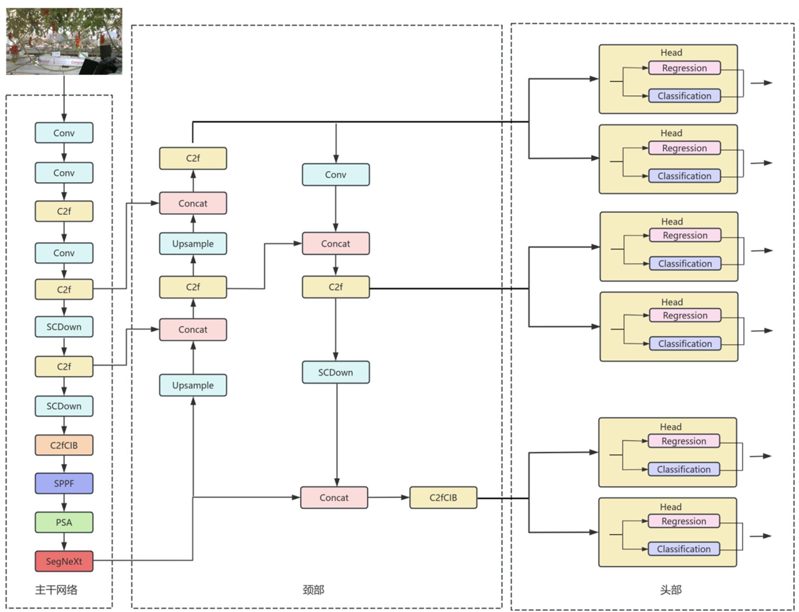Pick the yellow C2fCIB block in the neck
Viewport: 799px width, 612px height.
[443, 497]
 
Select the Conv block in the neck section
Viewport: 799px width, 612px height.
[335, 174]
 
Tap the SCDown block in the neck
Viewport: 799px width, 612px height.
[335, 372]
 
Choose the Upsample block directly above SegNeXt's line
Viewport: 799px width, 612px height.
[193, 385]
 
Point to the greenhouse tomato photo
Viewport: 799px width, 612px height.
[64, 41]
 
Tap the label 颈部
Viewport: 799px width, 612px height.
[313, 589]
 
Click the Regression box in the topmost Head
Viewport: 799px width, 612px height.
[684, 68]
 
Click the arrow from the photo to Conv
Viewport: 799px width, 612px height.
[64, 98]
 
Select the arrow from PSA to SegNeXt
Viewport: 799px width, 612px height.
[64, 542]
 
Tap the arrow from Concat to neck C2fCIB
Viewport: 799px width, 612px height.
[388, 497]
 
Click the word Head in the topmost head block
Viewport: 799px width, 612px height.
[671, 52]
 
